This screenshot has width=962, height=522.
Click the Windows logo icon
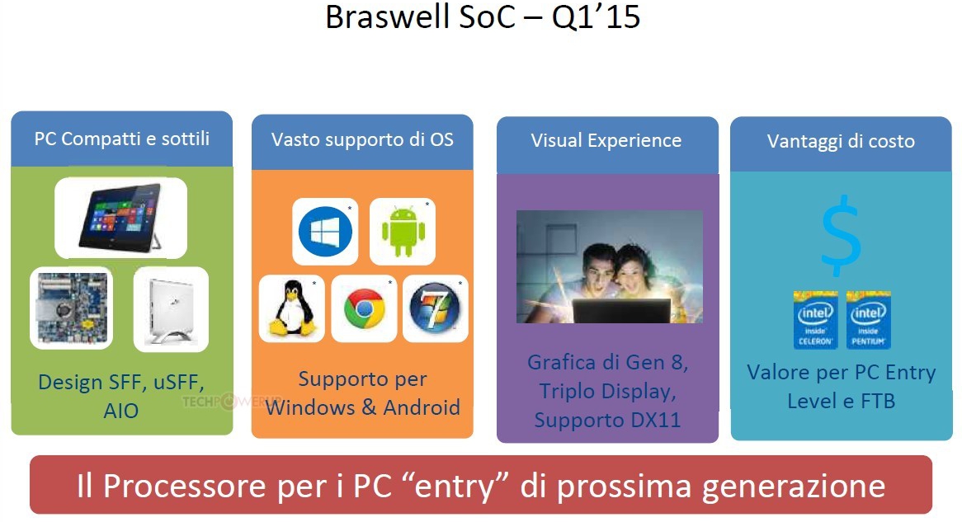tap(325, 232)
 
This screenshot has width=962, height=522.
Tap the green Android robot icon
tap(403, 231)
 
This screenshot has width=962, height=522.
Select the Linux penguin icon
tap(292, 308)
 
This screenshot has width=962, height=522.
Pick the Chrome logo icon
tap(365, 308)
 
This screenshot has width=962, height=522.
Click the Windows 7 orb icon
tap(435, 308)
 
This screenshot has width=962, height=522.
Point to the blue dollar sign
tap(842, 236)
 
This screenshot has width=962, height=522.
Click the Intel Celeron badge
tap(815, 320)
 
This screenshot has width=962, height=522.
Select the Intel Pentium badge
tap(868, 320)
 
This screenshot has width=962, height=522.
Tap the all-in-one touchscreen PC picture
tap(120, 217)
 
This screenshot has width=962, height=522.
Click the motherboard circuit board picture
tap(72, 308)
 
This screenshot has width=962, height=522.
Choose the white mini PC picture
tap(171, 309)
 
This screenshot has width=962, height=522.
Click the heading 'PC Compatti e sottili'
tap(122, 139)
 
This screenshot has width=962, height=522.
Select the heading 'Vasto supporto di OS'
tap(362, 139)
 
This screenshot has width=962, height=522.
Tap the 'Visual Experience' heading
tap(606, 140)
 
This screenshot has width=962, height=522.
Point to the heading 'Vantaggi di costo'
tap(841, 141)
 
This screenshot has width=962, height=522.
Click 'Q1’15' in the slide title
tap(596, 16)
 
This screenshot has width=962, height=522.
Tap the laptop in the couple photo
tap(621, 310)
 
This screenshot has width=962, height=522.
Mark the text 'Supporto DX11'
tap(607, 421)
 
